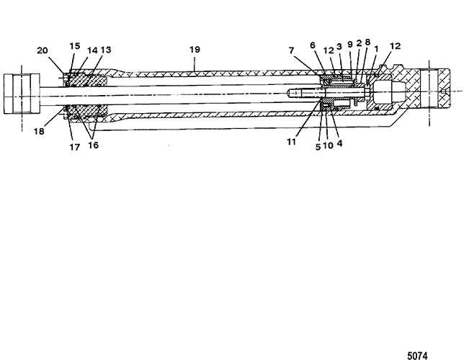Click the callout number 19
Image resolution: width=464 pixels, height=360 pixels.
195,50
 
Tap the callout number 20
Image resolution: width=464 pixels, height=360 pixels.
42,50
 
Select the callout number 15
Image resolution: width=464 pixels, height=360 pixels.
75,46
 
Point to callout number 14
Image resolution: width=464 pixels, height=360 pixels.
92,50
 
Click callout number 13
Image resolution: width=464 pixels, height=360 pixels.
106,50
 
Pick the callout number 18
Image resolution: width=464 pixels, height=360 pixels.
39,131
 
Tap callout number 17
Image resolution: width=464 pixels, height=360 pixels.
75,147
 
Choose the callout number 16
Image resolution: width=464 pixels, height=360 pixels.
93,145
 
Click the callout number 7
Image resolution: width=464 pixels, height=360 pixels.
292,50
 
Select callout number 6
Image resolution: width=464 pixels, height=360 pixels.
313,45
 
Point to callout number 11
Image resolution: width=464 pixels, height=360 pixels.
292,142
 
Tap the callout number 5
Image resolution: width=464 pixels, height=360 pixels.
318,147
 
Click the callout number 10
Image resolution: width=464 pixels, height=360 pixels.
328,145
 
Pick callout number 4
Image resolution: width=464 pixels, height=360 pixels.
339,143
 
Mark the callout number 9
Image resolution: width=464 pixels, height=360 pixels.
350,45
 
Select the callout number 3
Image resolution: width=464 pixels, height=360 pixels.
339,46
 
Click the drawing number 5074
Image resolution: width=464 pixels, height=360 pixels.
417,355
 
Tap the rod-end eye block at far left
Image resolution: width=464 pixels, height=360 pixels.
22,94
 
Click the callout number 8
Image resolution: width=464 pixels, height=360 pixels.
367,42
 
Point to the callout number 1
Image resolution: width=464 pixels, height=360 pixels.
376,49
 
